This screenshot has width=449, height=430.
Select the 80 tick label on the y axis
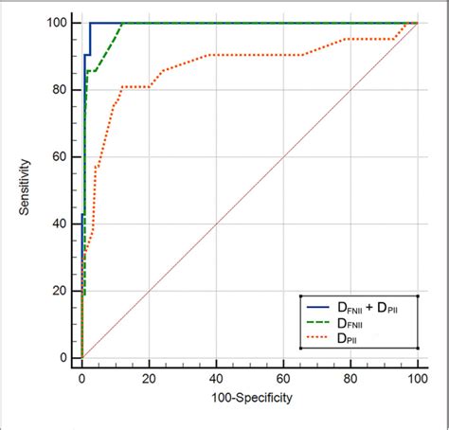pos(61,90)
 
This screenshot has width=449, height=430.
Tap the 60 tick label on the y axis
pos(61,157)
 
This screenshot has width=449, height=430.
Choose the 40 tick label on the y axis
pos(61,224)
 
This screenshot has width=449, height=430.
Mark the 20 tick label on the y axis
pos(61,292)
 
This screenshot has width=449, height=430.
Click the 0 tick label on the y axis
pos(63,359)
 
